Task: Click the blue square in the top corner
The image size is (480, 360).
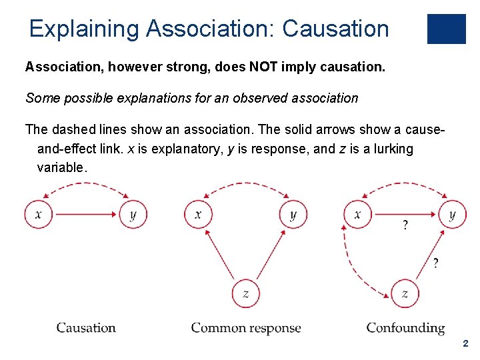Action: pos(446,29)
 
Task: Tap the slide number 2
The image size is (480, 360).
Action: pos(465,343)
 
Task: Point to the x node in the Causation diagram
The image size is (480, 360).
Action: pos(39,214)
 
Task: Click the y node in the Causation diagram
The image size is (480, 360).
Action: pos(133,214)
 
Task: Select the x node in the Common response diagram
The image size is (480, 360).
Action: pos(198,214)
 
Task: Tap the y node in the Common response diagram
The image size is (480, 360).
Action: pos(293,214)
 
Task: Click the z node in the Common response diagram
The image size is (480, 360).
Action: pos(245,293)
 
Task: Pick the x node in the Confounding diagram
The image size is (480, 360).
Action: pos(358,214)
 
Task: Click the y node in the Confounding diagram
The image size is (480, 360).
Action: pos(452,214)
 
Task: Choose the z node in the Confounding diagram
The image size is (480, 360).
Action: pos(405,293)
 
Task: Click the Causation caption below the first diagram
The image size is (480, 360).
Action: pos(86,327)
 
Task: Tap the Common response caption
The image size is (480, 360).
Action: pos(246,327)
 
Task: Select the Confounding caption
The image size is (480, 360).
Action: pos(405,327)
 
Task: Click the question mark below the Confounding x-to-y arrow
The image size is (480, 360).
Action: pos(406,225)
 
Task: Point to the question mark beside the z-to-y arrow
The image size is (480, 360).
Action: pos(435,263)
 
